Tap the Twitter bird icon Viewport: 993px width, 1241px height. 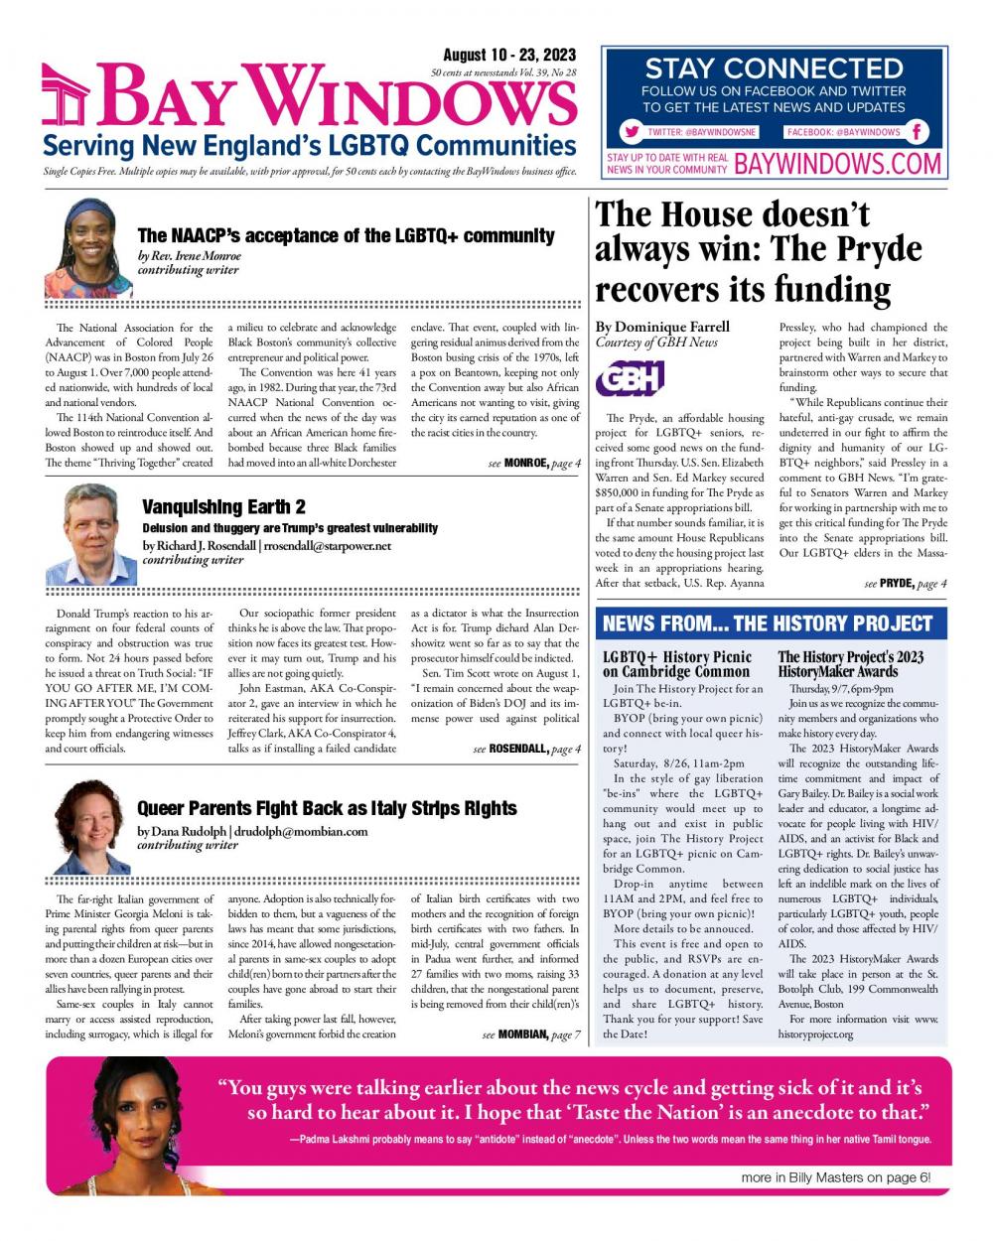(631, 131)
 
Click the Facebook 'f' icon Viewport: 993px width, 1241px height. (918, 131)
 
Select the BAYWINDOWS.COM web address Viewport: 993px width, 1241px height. (837, 163)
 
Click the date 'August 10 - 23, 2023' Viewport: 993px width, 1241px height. (504, 56)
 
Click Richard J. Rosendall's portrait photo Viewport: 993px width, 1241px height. (90, 534)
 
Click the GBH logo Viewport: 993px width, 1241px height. (629, 378)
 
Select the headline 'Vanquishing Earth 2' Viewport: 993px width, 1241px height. (223, 507)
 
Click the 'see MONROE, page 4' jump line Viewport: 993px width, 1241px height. (534, 463)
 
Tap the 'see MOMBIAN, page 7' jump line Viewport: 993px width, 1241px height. (530, 1034)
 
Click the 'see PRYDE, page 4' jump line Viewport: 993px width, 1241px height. (905, 584)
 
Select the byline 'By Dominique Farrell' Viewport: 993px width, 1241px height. (662, 327)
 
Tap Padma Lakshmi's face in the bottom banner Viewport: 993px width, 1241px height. (139, 1111)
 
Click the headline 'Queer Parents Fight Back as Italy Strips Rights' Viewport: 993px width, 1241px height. (327, 808)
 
